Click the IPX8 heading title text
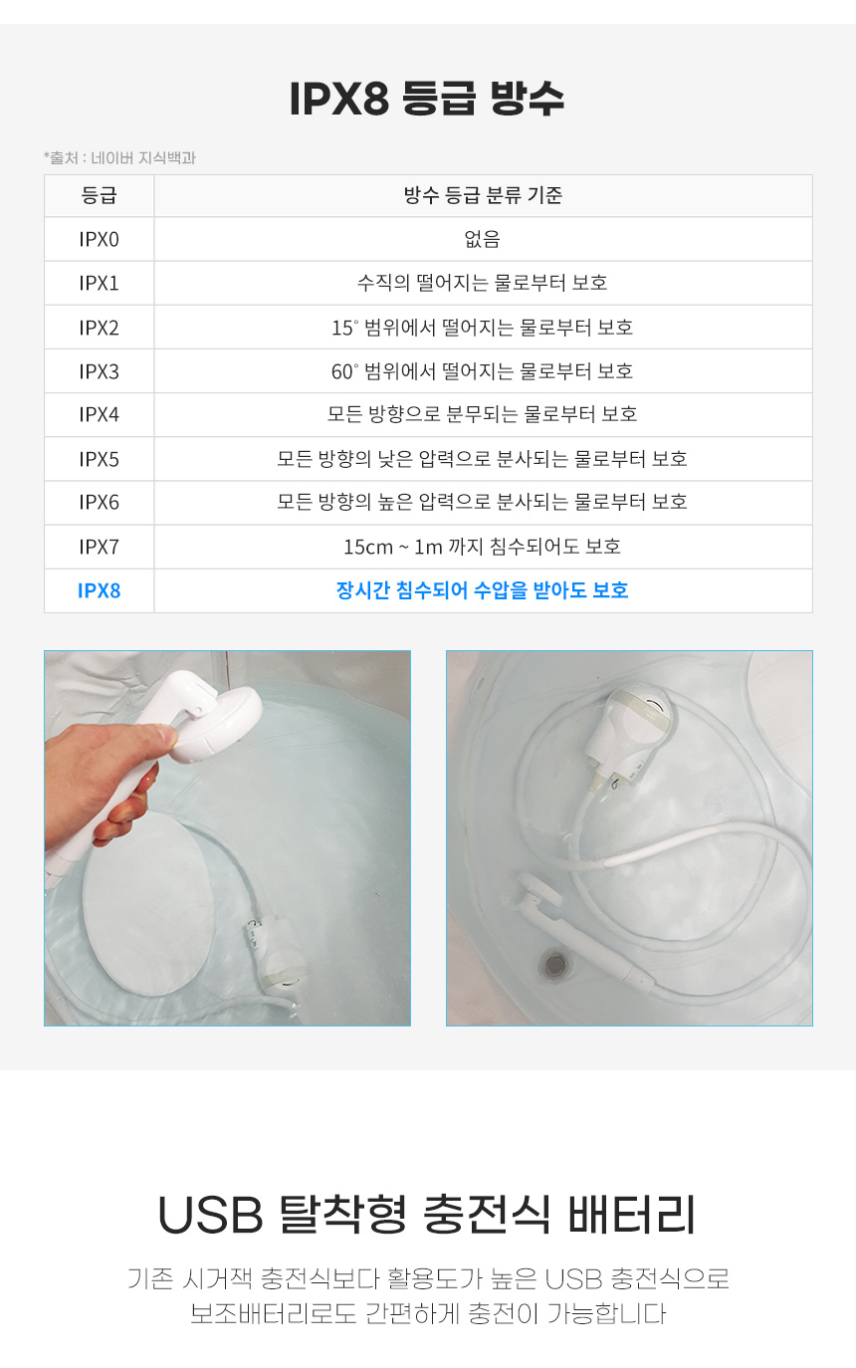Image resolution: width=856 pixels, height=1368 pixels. tap(427, 98)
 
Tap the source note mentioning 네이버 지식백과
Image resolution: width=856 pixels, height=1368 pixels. tap(119, 157)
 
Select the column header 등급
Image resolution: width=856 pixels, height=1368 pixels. tap(99, 195)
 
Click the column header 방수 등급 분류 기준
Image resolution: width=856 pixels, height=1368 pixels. tap(483, 195)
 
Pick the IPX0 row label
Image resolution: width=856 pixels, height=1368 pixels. tap(99, 239)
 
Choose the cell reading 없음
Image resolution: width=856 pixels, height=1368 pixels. tap(483, 239)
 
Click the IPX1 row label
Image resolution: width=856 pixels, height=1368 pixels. tap(99, 284)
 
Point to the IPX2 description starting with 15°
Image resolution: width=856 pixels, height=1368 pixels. tap(483, 328)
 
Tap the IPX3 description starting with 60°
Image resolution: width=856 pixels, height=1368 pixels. tap(483, 371)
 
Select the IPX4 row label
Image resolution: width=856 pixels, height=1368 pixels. tap(99, 414)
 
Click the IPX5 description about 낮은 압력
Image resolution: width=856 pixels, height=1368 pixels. tap(483, 459)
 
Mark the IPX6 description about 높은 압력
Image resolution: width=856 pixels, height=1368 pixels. tap(483, 502)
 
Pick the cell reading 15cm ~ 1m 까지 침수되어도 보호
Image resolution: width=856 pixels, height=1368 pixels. tap(483, 547)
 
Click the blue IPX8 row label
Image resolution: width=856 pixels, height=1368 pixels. tap(99, 590)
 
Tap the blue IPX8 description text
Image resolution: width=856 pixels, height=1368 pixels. tap(483, 590)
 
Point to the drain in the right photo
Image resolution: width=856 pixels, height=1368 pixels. tap(553, 965)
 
